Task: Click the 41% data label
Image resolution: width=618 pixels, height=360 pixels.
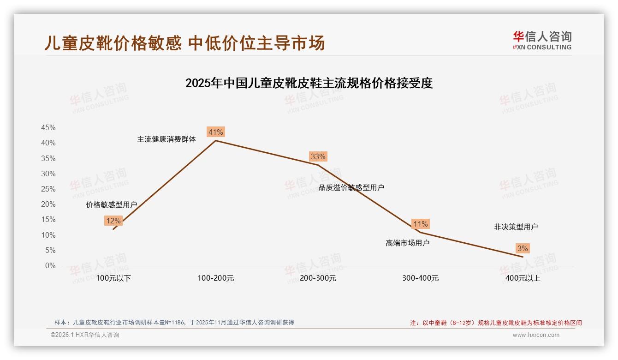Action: click(215, 132)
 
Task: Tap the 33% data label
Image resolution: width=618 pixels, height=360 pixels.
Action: click(318, 156)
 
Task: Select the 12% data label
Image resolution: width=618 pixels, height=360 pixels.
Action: click(113, 221)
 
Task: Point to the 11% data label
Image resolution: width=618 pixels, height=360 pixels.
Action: click(420, 224)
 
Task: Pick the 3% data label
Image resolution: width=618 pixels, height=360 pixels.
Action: click(522, 248)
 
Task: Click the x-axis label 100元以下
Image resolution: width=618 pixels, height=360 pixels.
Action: click(113, 278)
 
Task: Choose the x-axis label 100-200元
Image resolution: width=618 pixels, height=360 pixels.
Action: click(216, 278)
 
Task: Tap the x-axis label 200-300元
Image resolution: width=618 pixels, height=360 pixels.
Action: click(318, 278)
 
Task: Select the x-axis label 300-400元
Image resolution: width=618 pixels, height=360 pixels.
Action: click(420, 278)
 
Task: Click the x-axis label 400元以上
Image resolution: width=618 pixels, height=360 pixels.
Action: click(523, 278)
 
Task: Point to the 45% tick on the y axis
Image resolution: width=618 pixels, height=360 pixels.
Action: click(48, 128)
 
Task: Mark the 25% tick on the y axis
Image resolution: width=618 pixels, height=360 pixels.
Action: click(48, 189)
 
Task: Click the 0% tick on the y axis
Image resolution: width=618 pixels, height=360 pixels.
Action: click(50, 266)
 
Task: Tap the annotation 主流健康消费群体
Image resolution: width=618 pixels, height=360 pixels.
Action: click(166, 139)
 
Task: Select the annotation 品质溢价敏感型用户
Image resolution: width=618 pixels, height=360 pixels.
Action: click(351, 188)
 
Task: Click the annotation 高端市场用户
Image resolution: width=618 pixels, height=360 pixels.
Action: click(407, 243)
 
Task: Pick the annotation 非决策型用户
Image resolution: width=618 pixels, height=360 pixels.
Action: click(516, 227)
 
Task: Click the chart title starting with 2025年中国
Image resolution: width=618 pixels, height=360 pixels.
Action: click(309, 84)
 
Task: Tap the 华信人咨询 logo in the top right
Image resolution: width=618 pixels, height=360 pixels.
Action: click(542, 40)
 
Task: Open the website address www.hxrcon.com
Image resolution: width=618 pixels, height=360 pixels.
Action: click(536, 335)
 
